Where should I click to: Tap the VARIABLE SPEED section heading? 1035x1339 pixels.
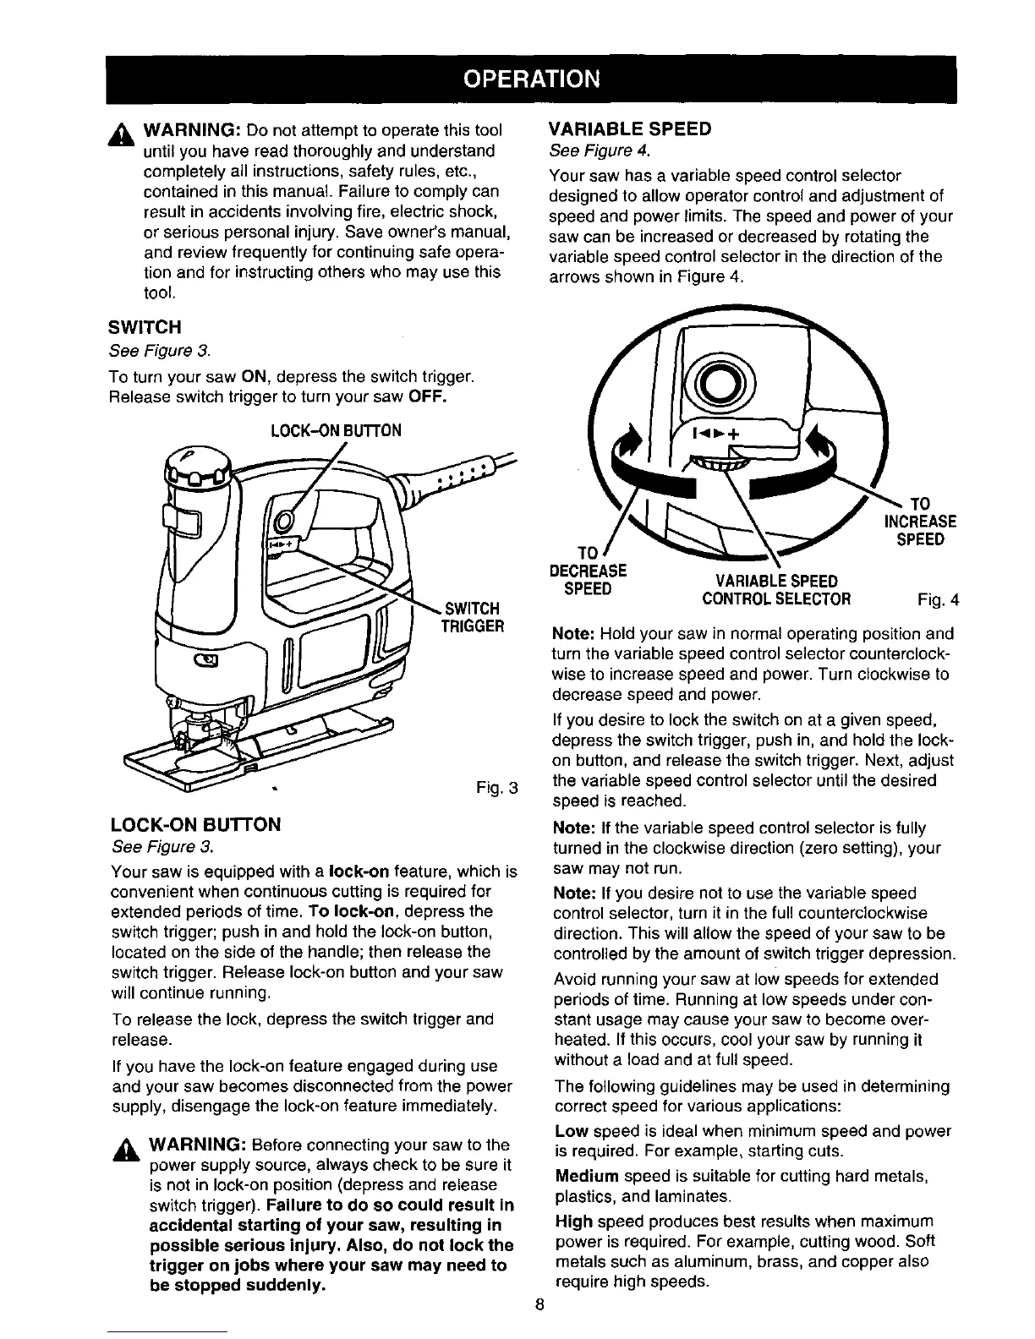(x=630, y=128)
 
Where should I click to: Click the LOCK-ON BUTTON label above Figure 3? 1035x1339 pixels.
(x=335, y=431)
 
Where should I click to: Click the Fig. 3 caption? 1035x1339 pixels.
(x=496, y=790)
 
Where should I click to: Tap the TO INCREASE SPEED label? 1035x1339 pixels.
(x=919, y=521)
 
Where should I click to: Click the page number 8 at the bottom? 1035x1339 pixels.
(x=539, y=1303)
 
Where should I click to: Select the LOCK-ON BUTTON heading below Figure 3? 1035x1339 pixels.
(x=195, y=825)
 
